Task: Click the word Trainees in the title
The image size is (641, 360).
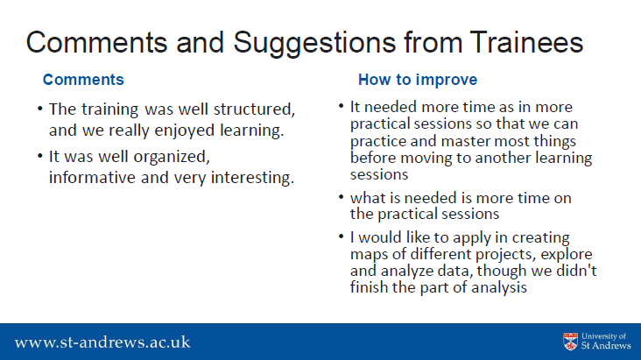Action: point(526,43)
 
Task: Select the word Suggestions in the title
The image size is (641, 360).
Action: point(314,44)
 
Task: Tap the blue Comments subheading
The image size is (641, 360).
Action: point(83,80)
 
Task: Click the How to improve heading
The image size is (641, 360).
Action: point(418,80)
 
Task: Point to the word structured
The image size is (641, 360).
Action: point(254,109)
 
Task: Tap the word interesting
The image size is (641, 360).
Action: point(252,178)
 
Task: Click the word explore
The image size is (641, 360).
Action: point(567,255)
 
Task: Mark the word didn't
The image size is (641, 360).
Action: point(576,271)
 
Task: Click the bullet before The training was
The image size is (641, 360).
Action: point(39,109)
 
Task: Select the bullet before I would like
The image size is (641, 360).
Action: point(341,236)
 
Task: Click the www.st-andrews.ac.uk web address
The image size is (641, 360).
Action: point(102,342)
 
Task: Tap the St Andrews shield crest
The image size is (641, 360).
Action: point(570,342)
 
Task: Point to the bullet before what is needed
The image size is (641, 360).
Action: point(341,197)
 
